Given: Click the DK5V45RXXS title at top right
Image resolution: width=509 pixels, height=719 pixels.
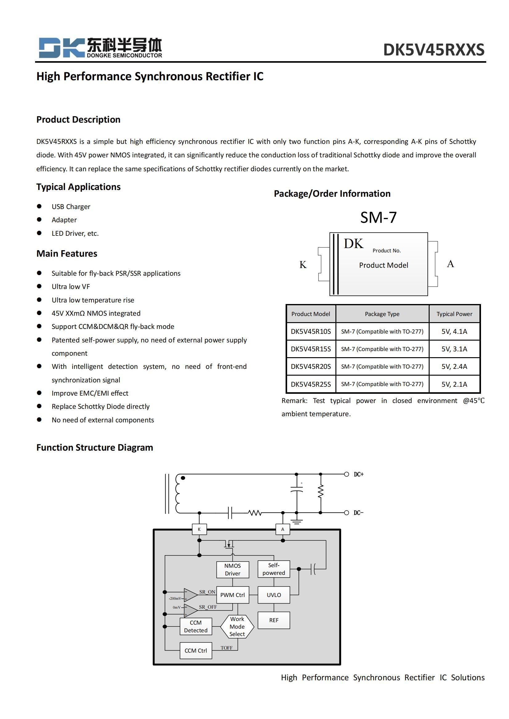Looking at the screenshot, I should tap(434, 50).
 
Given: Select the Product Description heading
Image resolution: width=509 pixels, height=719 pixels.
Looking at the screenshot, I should tap(78, 119).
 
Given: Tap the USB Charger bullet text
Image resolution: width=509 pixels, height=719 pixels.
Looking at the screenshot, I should tap(71, 207).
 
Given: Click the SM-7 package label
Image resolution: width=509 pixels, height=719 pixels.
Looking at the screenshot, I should tap(378, 217).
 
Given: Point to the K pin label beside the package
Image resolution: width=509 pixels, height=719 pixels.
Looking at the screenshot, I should tap(303, 265).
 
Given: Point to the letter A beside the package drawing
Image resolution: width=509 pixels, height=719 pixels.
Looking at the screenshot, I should tap(450, 264).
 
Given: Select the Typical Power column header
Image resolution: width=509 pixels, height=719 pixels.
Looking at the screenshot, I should tap(454, 314).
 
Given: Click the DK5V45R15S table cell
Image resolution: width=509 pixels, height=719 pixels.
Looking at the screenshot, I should tap(311, 349).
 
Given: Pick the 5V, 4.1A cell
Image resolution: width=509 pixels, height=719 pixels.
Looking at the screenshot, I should tap(454, 331).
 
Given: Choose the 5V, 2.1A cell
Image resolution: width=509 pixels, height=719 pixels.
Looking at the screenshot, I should tap(454, 384).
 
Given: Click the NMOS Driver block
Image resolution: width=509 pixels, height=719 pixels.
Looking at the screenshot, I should tap(233, 569).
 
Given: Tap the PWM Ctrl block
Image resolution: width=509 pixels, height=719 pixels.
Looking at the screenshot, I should tap(233, 595).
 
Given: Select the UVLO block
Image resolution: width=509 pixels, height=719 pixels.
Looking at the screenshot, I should tap(274, 595).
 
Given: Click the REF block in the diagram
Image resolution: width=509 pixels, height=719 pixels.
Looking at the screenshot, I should tap(274, 620).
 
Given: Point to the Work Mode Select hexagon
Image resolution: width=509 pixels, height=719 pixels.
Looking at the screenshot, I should tap(237, 626).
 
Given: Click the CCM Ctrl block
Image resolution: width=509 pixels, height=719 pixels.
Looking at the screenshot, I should tap(196, 650).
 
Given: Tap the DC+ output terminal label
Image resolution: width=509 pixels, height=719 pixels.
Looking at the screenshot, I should tap(359, 474).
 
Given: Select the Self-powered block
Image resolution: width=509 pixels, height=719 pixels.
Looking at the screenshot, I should tap(274, 569).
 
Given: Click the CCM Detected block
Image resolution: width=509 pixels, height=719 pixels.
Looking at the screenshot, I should tap(196, 626).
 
